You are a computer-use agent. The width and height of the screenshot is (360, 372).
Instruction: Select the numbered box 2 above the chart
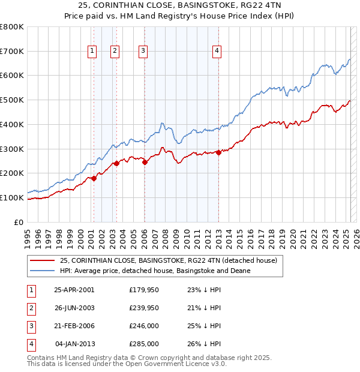pos(114,52)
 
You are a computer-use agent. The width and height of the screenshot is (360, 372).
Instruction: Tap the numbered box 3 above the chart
pos(144,52)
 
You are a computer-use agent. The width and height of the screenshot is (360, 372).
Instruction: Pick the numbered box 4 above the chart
pos(217,52)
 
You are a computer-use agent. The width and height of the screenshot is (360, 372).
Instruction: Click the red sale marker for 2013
pos(219,152)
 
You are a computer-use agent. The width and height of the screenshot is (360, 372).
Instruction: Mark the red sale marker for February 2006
pos(145,161)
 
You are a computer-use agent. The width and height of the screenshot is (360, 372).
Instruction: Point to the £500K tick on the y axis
pos(11,100)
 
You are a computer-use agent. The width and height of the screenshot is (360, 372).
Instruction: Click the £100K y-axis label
pos(11,197)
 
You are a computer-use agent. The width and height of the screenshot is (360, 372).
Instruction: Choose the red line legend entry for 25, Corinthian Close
pos(168,260)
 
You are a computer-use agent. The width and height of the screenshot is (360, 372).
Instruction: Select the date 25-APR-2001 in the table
pos(74,290)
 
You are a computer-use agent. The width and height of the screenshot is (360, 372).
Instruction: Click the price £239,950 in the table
pos(144,308)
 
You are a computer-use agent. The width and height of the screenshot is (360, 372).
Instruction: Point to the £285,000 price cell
pos(144,344)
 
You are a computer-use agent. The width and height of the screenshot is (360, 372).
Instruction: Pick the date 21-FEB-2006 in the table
pos(74,326)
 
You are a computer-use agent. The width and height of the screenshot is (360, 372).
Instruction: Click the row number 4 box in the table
pos(29,344)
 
